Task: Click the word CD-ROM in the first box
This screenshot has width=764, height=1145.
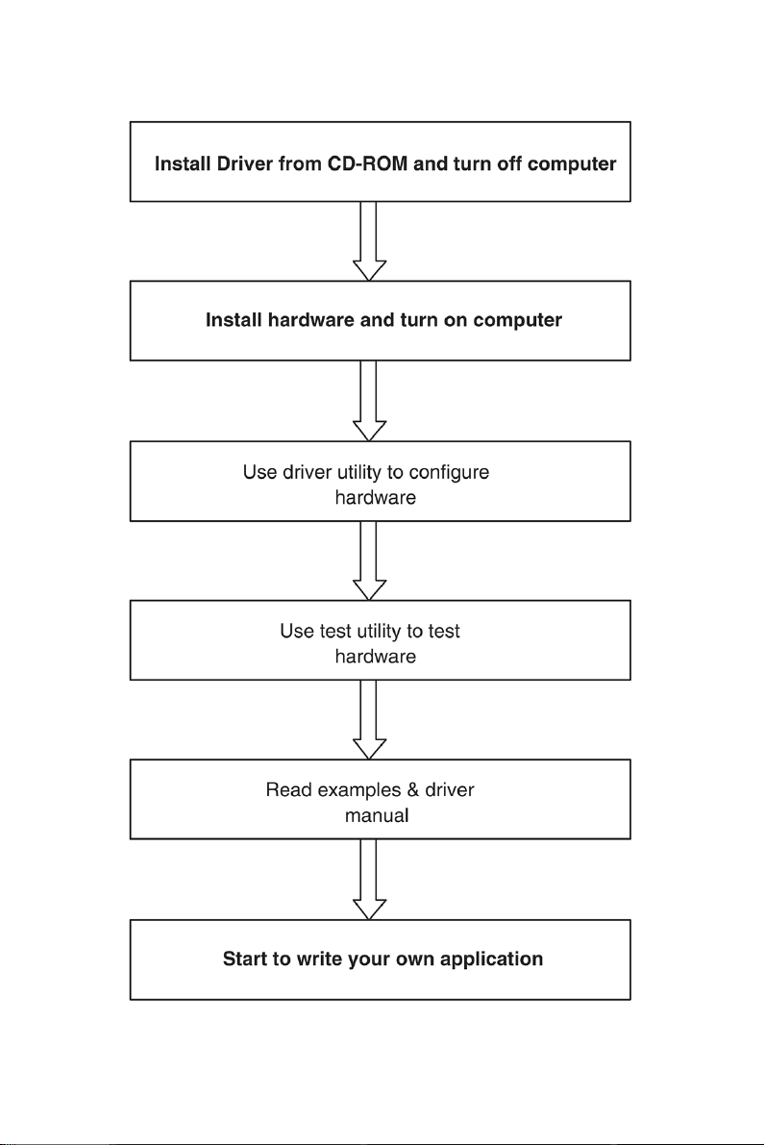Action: point(367,163)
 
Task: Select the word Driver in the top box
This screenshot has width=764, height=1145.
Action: point(245,163)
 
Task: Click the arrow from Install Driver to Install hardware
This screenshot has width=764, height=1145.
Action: point(369,241)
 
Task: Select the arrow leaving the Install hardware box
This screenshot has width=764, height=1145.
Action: point(369,401)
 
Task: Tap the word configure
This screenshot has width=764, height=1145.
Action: point(449,472)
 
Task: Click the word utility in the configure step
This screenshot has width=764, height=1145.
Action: point(359,472)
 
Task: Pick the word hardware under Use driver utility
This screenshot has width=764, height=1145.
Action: point(376,497)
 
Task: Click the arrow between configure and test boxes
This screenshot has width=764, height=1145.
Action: point(369,560)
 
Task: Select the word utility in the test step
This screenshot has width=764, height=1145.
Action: point(380,631)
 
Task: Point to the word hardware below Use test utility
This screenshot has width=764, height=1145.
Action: point(376,657)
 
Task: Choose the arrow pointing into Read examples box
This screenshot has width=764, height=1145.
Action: point(369,720)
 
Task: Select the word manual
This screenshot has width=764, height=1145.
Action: point(377,815)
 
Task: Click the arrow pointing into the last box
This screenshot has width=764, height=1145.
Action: point(369,880)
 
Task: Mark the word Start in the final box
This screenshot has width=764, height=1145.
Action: point(246,958)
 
